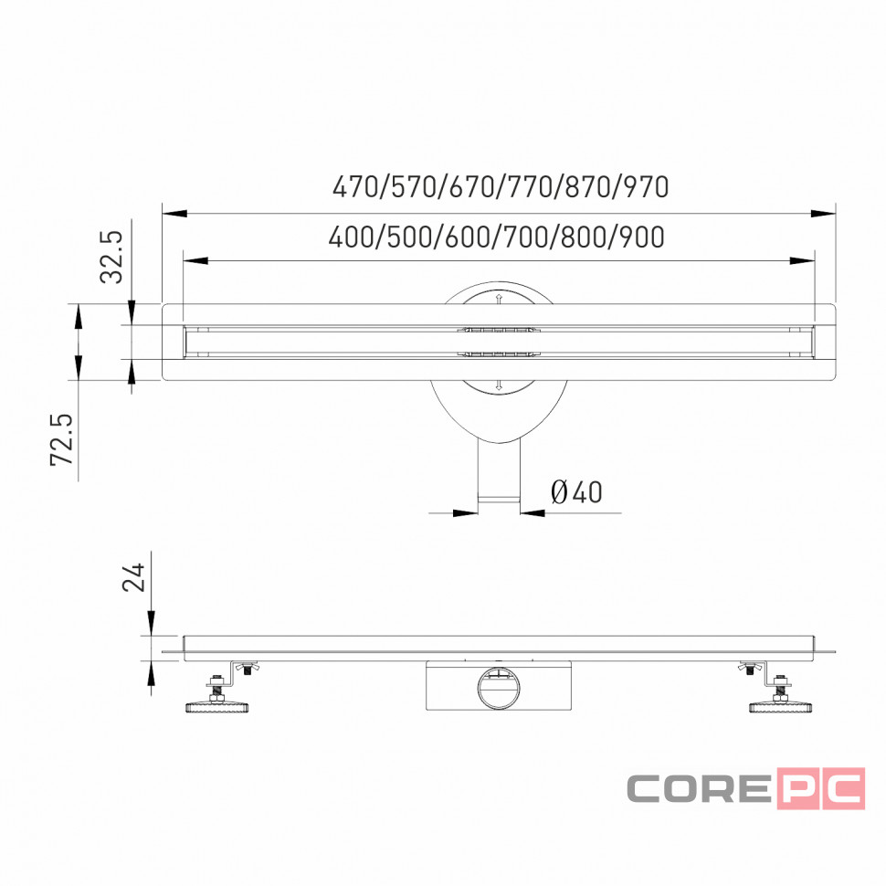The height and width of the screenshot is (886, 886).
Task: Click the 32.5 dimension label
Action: (111, 256)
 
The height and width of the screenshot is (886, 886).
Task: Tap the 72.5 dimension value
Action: (62, 439)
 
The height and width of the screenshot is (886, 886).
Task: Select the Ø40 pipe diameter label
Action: (576, 492)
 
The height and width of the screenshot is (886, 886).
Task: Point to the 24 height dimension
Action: (134, 577)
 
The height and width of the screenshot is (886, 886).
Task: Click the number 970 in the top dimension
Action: (647, 187)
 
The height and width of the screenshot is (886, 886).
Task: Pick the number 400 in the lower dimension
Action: (351, 237)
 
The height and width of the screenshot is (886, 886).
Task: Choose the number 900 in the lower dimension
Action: (642, 237)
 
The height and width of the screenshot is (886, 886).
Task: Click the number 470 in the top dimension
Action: (354, 187)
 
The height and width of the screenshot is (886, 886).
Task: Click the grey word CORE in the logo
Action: (699, 788)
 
